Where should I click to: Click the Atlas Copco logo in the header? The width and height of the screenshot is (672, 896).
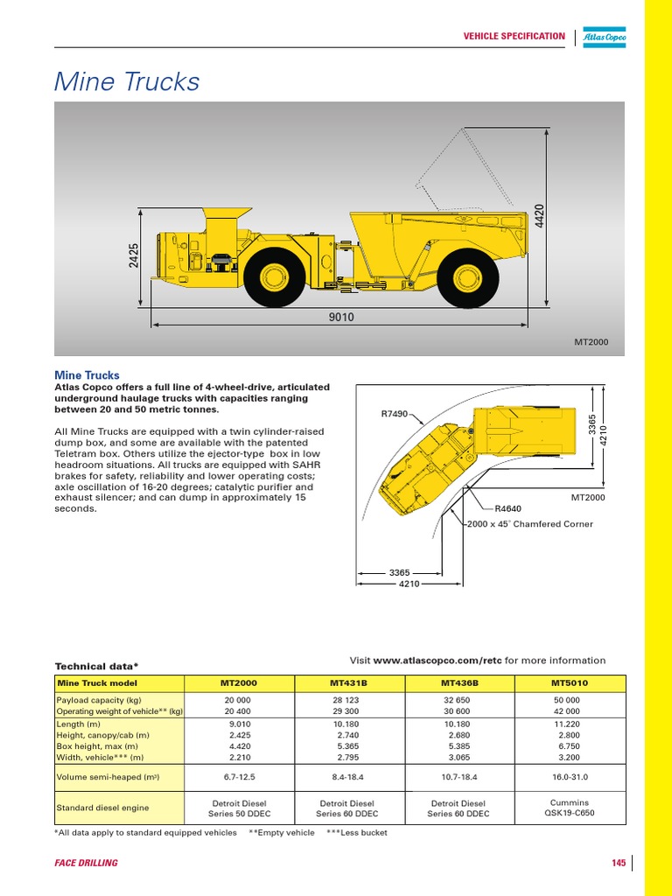coord(605,37)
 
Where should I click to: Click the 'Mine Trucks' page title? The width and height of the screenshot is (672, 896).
coord(127,82)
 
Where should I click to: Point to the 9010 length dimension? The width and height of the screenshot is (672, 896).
coord(341,318)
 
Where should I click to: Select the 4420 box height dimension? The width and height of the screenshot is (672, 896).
coord(539,216)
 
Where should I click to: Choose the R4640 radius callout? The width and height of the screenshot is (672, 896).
coord(507,507)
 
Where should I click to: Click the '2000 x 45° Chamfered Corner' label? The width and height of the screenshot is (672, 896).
coord(530,524)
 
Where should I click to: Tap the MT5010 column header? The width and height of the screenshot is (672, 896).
coord(570,682)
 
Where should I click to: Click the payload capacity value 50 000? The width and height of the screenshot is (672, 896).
coord(570,701)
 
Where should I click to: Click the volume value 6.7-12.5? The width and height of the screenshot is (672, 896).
coord(239,776)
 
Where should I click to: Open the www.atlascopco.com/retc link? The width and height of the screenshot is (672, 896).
coord(437,661)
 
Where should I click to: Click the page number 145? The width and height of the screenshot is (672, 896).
coord(619,864)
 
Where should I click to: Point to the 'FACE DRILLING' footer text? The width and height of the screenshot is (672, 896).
coord(86,864)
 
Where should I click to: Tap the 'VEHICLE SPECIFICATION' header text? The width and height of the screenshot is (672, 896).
coord(514,36)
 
